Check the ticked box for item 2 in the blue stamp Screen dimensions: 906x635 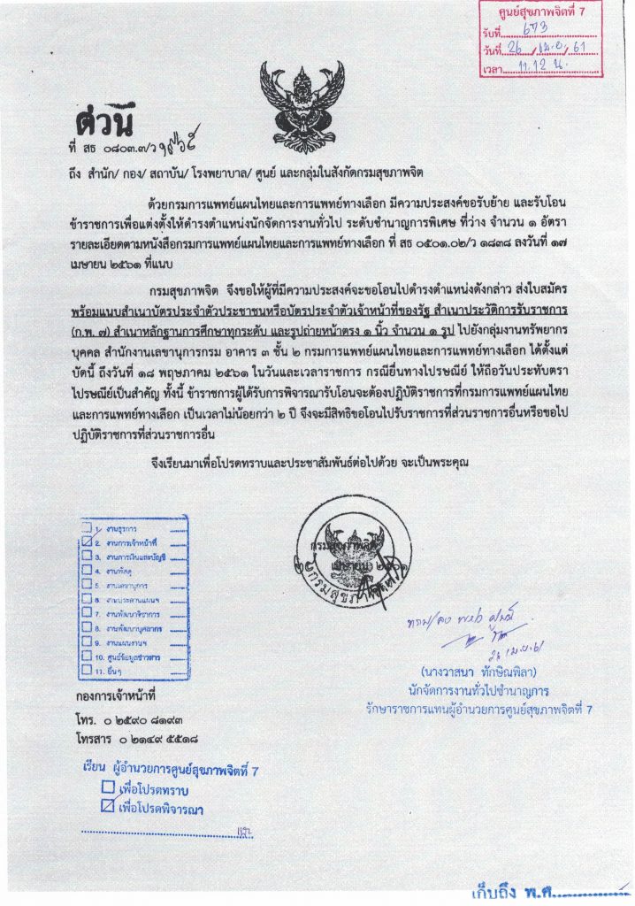[x=86, y=540]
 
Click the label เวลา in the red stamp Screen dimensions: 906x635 [x=494, y=68]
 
